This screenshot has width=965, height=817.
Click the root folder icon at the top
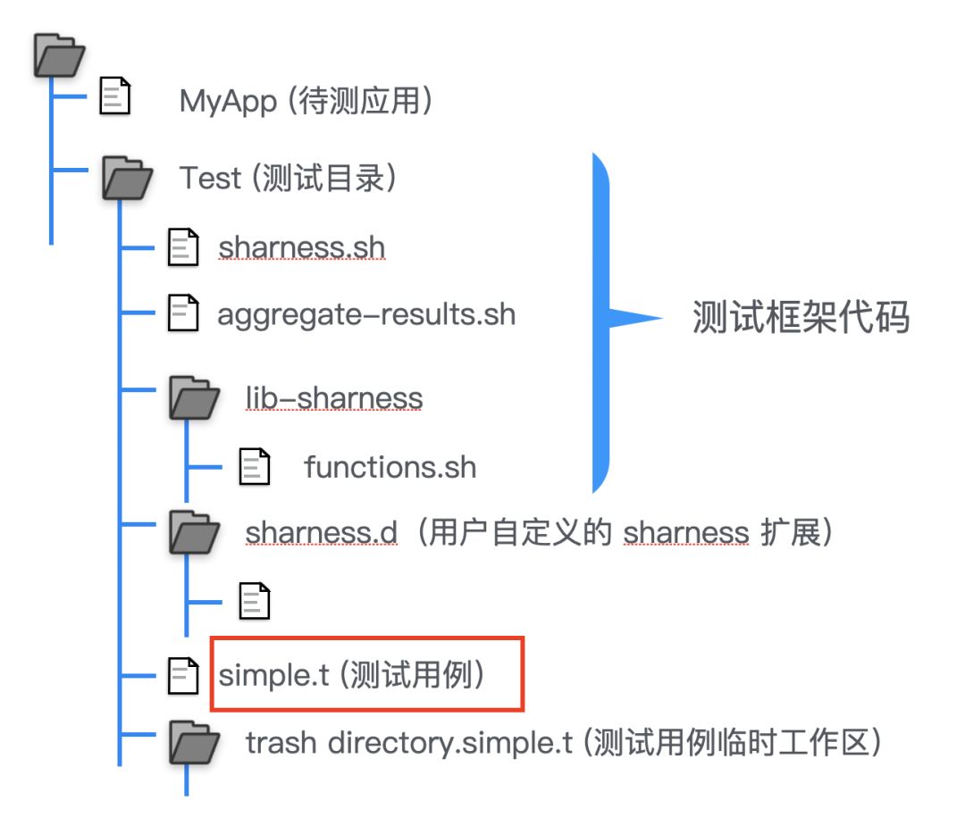click(59, 54)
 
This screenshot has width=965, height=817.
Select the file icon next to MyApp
click(114, 96)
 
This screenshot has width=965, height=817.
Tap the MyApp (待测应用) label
click(306, 101)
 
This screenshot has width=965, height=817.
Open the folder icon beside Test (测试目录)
click(126, 176)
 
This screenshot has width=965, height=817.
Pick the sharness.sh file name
click(301, 246)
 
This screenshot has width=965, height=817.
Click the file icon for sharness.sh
click(183, 246)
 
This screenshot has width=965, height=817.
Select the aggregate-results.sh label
click(366, 314)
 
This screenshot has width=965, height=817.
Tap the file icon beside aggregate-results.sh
click(183, 313)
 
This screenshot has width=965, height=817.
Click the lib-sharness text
click(334, 397)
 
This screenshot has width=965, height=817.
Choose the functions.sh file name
click(390, 466)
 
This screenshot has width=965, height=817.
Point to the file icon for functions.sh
click(255, 466)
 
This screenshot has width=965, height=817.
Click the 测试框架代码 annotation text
click(801, 317)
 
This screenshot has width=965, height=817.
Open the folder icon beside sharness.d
click(194, 532)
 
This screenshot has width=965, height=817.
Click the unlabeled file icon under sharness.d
click(255, 600)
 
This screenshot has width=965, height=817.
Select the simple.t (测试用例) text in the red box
click(352, 675)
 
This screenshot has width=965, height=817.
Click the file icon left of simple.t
click(184, 676)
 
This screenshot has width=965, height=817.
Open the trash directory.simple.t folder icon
click(194, 741)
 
